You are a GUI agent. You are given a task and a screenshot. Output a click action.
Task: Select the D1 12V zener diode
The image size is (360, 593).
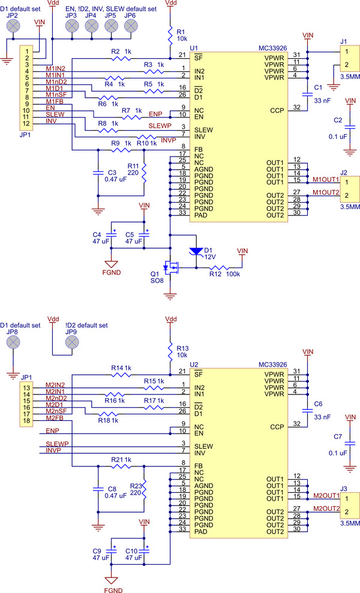tap(194, 251)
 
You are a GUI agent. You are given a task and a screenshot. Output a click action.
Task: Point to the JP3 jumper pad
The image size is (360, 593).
tap(73, 26)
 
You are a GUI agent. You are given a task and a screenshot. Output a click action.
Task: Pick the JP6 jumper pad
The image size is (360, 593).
tap(130, 26)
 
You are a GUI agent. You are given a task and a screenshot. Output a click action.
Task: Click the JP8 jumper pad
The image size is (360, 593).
tap(13, 342)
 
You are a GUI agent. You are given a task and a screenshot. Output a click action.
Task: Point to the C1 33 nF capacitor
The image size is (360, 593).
tap(308, 88)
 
